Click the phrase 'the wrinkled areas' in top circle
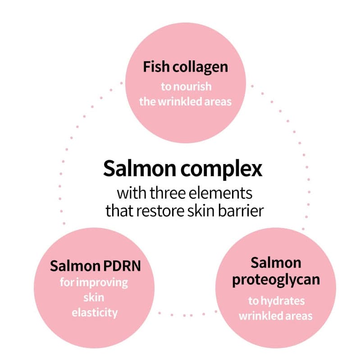[185, 101]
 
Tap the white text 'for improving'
[94, 283]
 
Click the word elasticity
[94, 312]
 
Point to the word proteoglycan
[276, 279]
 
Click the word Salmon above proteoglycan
[276, 263]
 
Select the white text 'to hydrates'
[276, 300]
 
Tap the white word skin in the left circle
[94, 297]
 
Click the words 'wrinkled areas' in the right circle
[275, 315]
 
